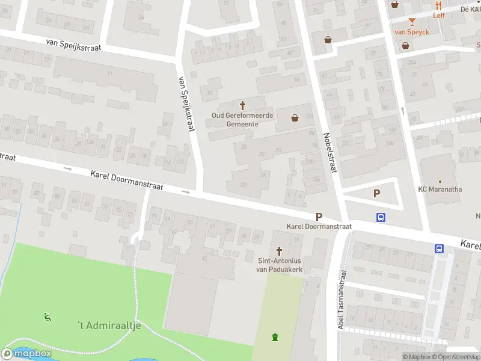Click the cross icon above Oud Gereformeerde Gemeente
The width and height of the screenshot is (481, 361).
[243, 105]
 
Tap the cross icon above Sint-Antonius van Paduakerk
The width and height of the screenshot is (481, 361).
[279, 251]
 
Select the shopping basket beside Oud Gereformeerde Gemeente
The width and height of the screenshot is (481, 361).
[295, 118]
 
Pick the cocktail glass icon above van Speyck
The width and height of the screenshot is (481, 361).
[411, 22]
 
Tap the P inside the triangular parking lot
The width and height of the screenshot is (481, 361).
[377, 193]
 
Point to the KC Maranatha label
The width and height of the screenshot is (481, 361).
[440, 190]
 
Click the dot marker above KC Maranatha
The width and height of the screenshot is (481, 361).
[440, 180]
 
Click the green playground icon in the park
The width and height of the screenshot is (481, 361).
[47, 316]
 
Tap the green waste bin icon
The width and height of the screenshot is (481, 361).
[275, 337]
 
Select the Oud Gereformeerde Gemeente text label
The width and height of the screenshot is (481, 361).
[242, 119]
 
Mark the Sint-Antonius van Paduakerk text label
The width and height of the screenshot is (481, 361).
[279, 265]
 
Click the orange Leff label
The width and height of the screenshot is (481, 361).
[439, 15]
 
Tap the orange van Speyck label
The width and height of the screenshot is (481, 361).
[411, 32]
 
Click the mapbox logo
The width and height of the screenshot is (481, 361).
[26, 354]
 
